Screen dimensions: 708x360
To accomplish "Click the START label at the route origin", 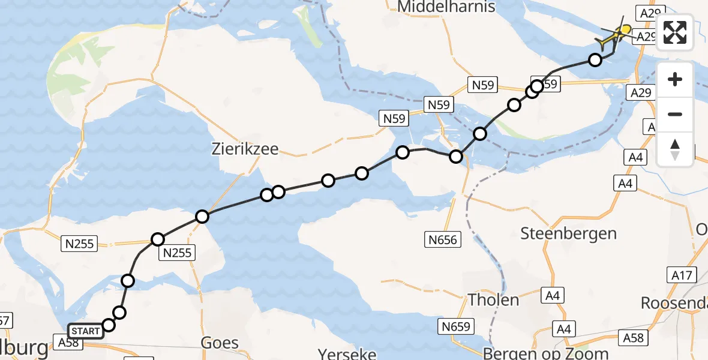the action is tap(86, 331).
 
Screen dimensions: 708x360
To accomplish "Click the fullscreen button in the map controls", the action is tap(675, 32).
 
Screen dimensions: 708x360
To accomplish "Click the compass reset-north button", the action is tap(675, 149).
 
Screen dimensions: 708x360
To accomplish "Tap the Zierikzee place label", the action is tap(245, 149).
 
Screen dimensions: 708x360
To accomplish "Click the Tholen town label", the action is tap(493, 299).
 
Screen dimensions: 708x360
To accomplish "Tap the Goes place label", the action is tap(220, 343).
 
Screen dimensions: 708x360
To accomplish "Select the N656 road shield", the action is tap(443, 240).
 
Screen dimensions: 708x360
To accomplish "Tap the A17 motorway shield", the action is tap(682, 275).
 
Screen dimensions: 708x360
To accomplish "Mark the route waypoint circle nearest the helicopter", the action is tap(595, 60).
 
